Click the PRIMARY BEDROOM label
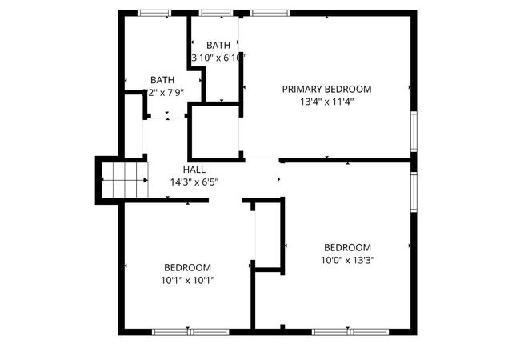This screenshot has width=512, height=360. (326, 89)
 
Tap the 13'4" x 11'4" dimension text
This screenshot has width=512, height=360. (326, 102)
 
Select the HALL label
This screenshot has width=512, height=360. (194, 170)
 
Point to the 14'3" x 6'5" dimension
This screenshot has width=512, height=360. (194, 182)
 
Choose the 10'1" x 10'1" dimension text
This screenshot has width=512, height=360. (188, 280)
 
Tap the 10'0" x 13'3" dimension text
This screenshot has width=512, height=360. (347, 260)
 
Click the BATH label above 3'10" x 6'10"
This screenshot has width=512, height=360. (218, 46)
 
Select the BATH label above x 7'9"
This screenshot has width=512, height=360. (162, 80)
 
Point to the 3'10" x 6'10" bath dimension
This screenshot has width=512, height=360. (218, 58)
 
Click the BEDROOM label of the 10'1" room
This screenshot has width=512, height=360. (188, 267)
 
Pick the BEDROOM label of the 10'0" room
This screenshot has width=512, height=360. (347, 247)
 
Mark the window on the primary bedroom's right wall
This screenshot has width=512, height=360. (414, 130)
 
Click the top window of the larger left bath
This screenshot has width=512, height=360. (154, 13)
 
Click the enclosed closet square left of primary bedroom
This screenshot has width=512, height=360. (215, 132)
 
